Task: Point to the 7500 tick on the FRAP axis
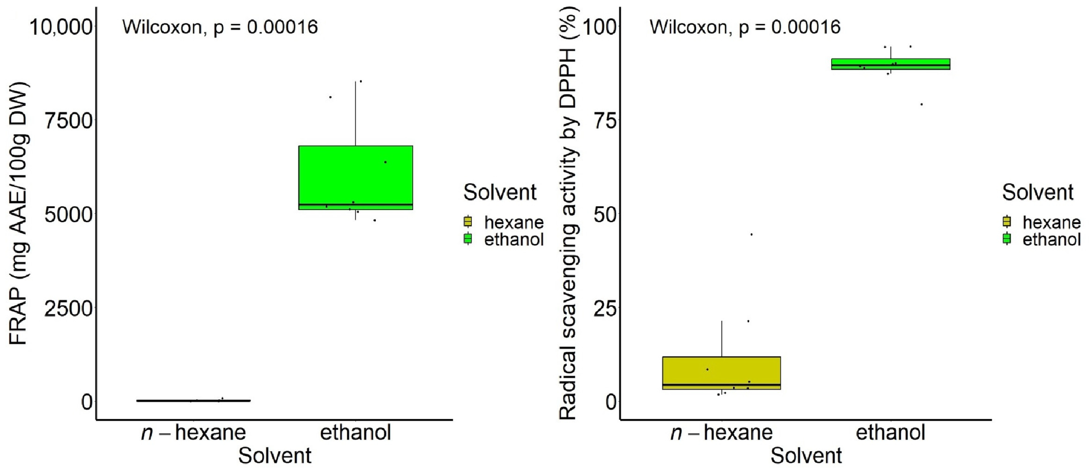pos(68,121)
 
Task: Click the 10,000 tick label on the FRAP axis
pos(60,28)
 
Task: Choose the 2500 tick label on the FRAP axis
pos(68,309)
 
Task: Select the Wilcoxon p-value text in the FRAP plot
pos(220,28)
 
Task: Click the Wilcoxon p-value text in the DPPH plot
pos(745,28)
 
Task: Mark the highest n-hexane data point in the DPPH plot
pos(751,234)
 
